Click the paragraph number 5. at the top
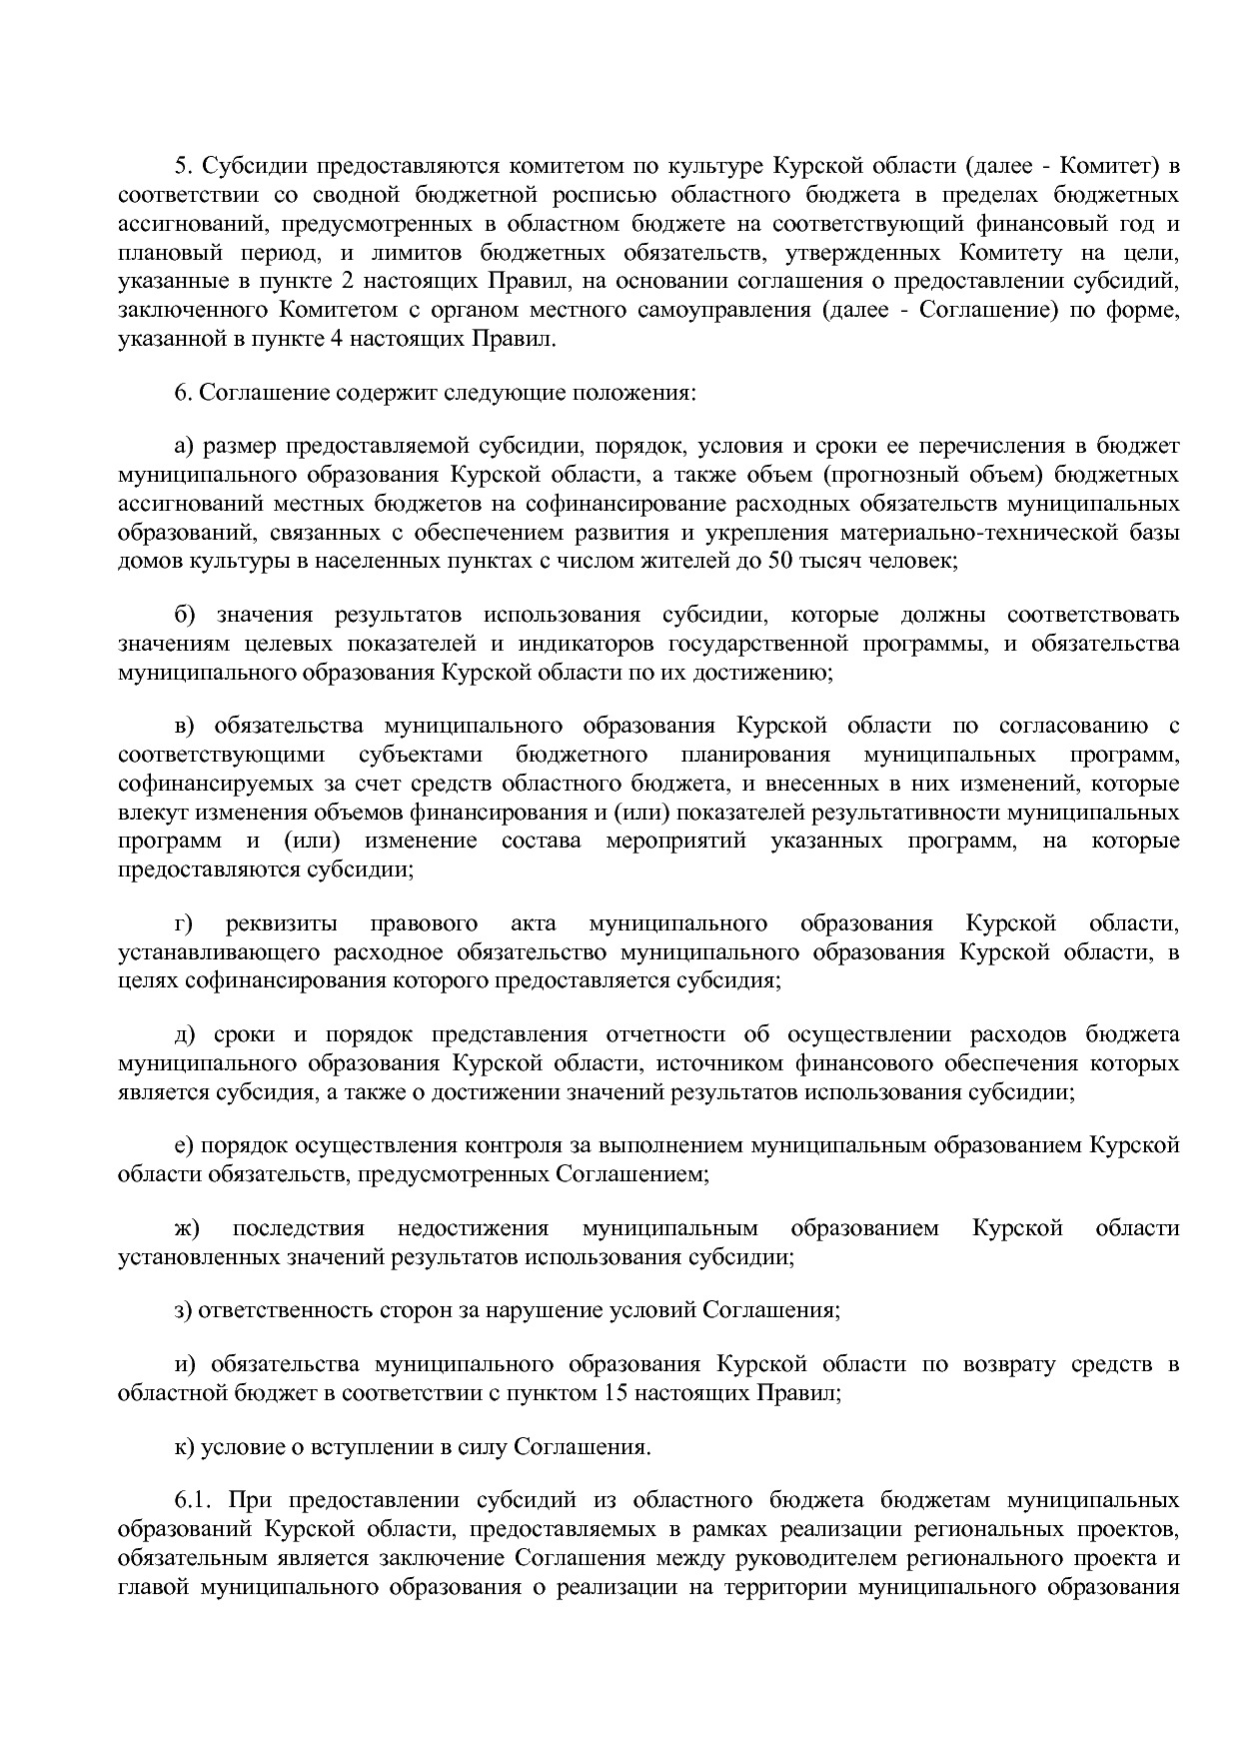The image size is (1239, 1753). (182, 165)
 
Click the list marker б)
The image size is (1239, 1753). (184, 614)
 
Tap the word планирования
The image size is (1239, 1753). (756, 754)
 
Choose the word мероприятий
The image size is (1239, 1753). (676, 841)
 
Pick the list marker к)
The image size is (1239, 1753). (184, 1446)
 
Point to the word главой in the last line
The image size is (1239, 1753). (153, 1587)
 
